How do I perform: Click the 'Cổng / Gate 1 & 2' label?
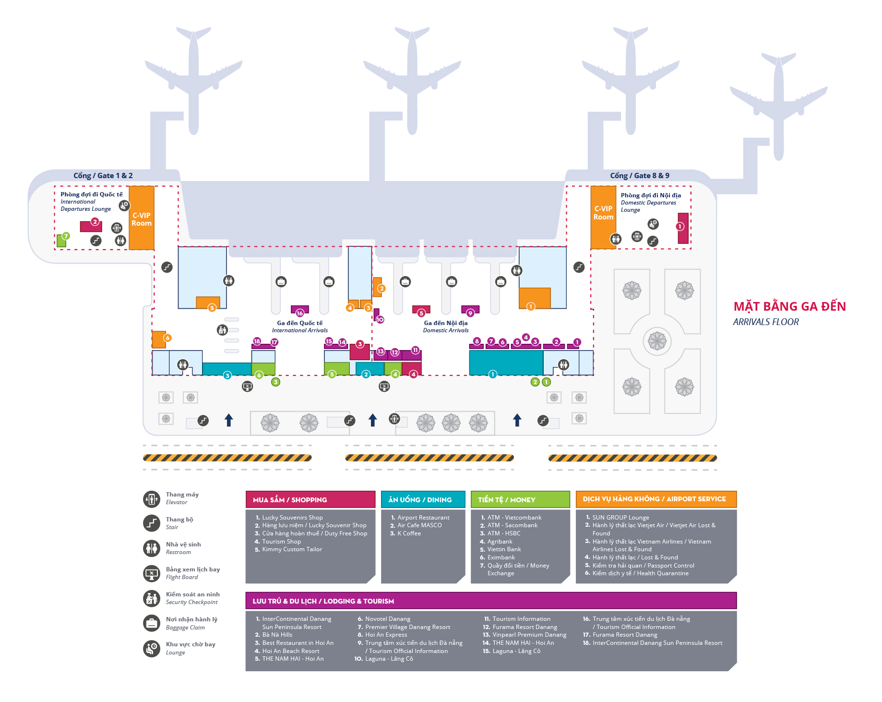(x=103, y=176)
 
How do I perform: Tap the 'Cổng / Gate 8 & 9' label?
(x=639, y=176)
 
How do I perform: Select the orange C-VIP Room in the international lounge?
(x=142, y=219)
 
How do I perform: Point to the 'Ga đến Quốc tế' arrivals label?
(x=300, y=323)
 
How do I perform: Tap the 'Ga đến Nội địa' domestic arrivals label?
(x=445, y=323)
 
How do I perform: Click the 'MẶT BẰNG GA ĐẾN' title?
(x=789, y=306)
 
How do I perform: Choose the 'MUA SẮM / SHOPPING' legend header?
(x=310, y=499)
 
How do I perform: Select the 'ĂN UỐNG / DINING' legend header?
(x=423, y=499)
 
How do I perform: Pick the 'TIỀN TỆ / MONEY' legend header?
(x=520, y=499)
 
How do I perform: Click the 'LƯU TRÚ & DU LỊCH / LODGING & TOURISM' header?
(x=490, y=601)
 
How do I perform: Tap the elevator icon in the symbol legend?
(x=152, y=499)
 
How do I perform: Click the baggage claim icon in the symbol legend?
(x=152, y=623)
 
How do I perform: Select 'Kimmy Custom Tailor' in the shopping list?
(x=292, y=549)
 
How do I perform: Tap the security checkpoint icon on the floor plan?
(x=222, y=330)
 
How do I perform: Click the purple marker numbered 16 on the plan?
(x=300, y=313)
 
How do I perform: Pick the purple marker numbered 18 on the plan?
(x=257, y=341)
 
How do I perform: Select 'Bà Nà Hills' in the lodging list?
(x=277, y=635)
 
